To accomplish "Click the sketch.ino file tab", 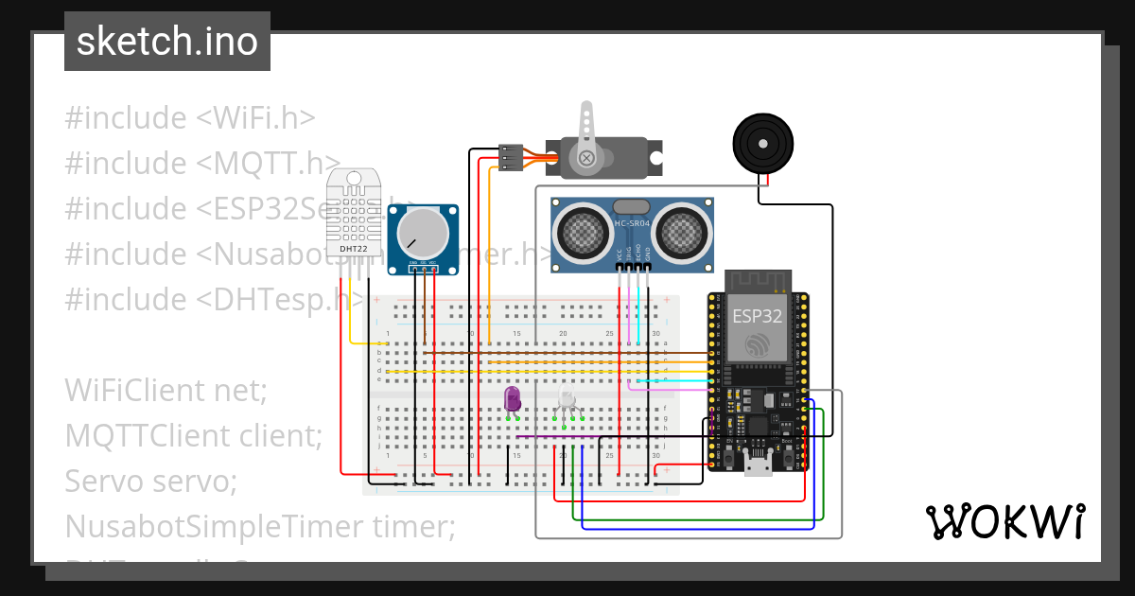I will [x=167, y=42].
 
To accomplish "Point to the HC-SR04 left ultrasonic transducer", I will [x=583, y=232].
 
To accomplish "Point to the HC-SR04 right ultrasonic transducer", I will [x=683, y=232].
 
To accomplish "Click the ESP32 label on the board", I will [x=758, y=317].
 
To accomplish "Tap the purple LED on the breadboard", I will [x=513, y=398].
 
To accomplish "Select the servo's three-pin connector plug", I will [x=511, y=158].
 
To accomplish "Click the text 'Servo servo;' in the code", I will [x=150, y=482].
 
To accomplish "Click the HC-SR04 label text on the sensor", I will [x=633, y=223].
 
